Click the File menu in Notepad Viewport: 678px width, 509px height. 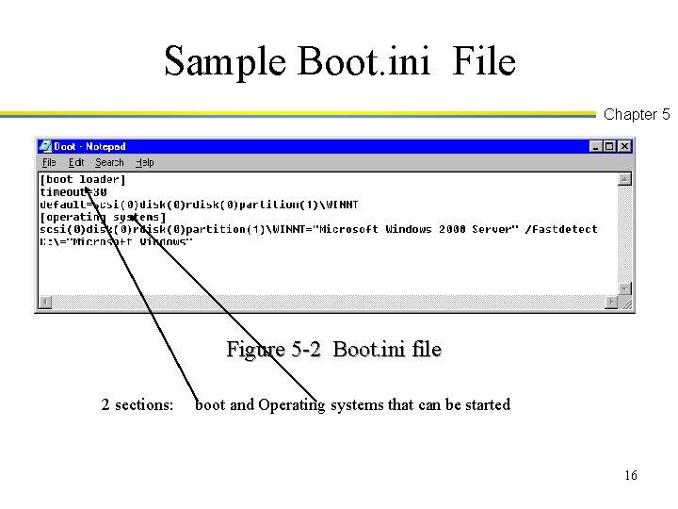49,162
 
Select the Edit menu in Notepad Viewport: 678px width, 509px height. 76,162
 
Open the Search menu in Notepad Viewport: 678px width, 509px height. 109,162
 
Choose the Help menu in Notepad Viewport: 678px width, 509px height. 145,162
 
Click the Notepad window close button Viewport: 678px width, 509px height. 624,146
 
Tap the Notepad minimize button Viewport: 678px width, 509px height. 596,146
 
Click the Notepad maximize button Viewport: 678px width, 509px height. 609,146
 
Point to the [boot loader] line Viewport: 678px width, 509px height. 83,179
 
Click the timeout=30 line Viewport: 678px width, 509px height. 73,191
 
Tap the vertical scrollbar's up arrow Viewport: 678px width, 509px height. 624,178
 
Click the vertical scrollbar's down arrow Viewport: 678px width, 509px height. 624,287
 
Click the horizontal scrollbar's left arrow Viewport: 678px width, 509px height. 44,303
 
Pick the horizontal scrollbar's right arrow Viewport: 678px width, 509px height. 611,303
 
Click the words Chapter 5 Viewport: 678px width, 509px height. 637,115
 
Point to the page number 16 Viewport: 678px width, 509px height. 630,475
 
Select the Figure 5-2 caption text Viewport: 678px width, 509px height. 333,350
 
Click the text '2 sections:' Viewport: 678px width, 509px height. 137,405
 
